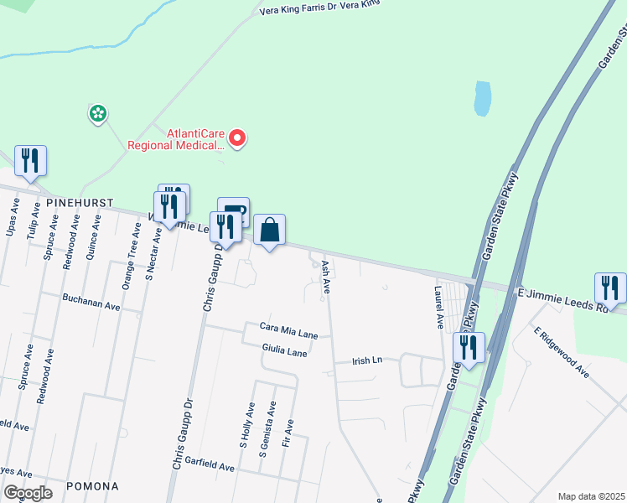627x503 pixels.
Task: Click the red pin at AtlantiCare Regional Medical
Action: click(x=237, y=137)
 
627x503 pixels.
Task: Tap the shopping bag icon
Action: click(x=270, y=230)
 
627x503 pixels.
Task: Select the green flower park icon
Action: click(x=98, y=112)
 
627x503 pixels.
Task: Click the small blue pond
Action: click(x=482, y=99)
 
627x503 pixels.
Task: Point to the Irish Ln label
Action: click(x=365, y=360)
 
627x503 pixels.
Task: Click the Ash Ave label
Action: click(x=324, y=277)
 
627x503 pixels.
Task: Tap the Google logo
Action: click(x=28, y=493)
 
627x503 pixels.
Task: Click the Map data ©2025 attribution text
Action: click(x=590, y=496)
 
